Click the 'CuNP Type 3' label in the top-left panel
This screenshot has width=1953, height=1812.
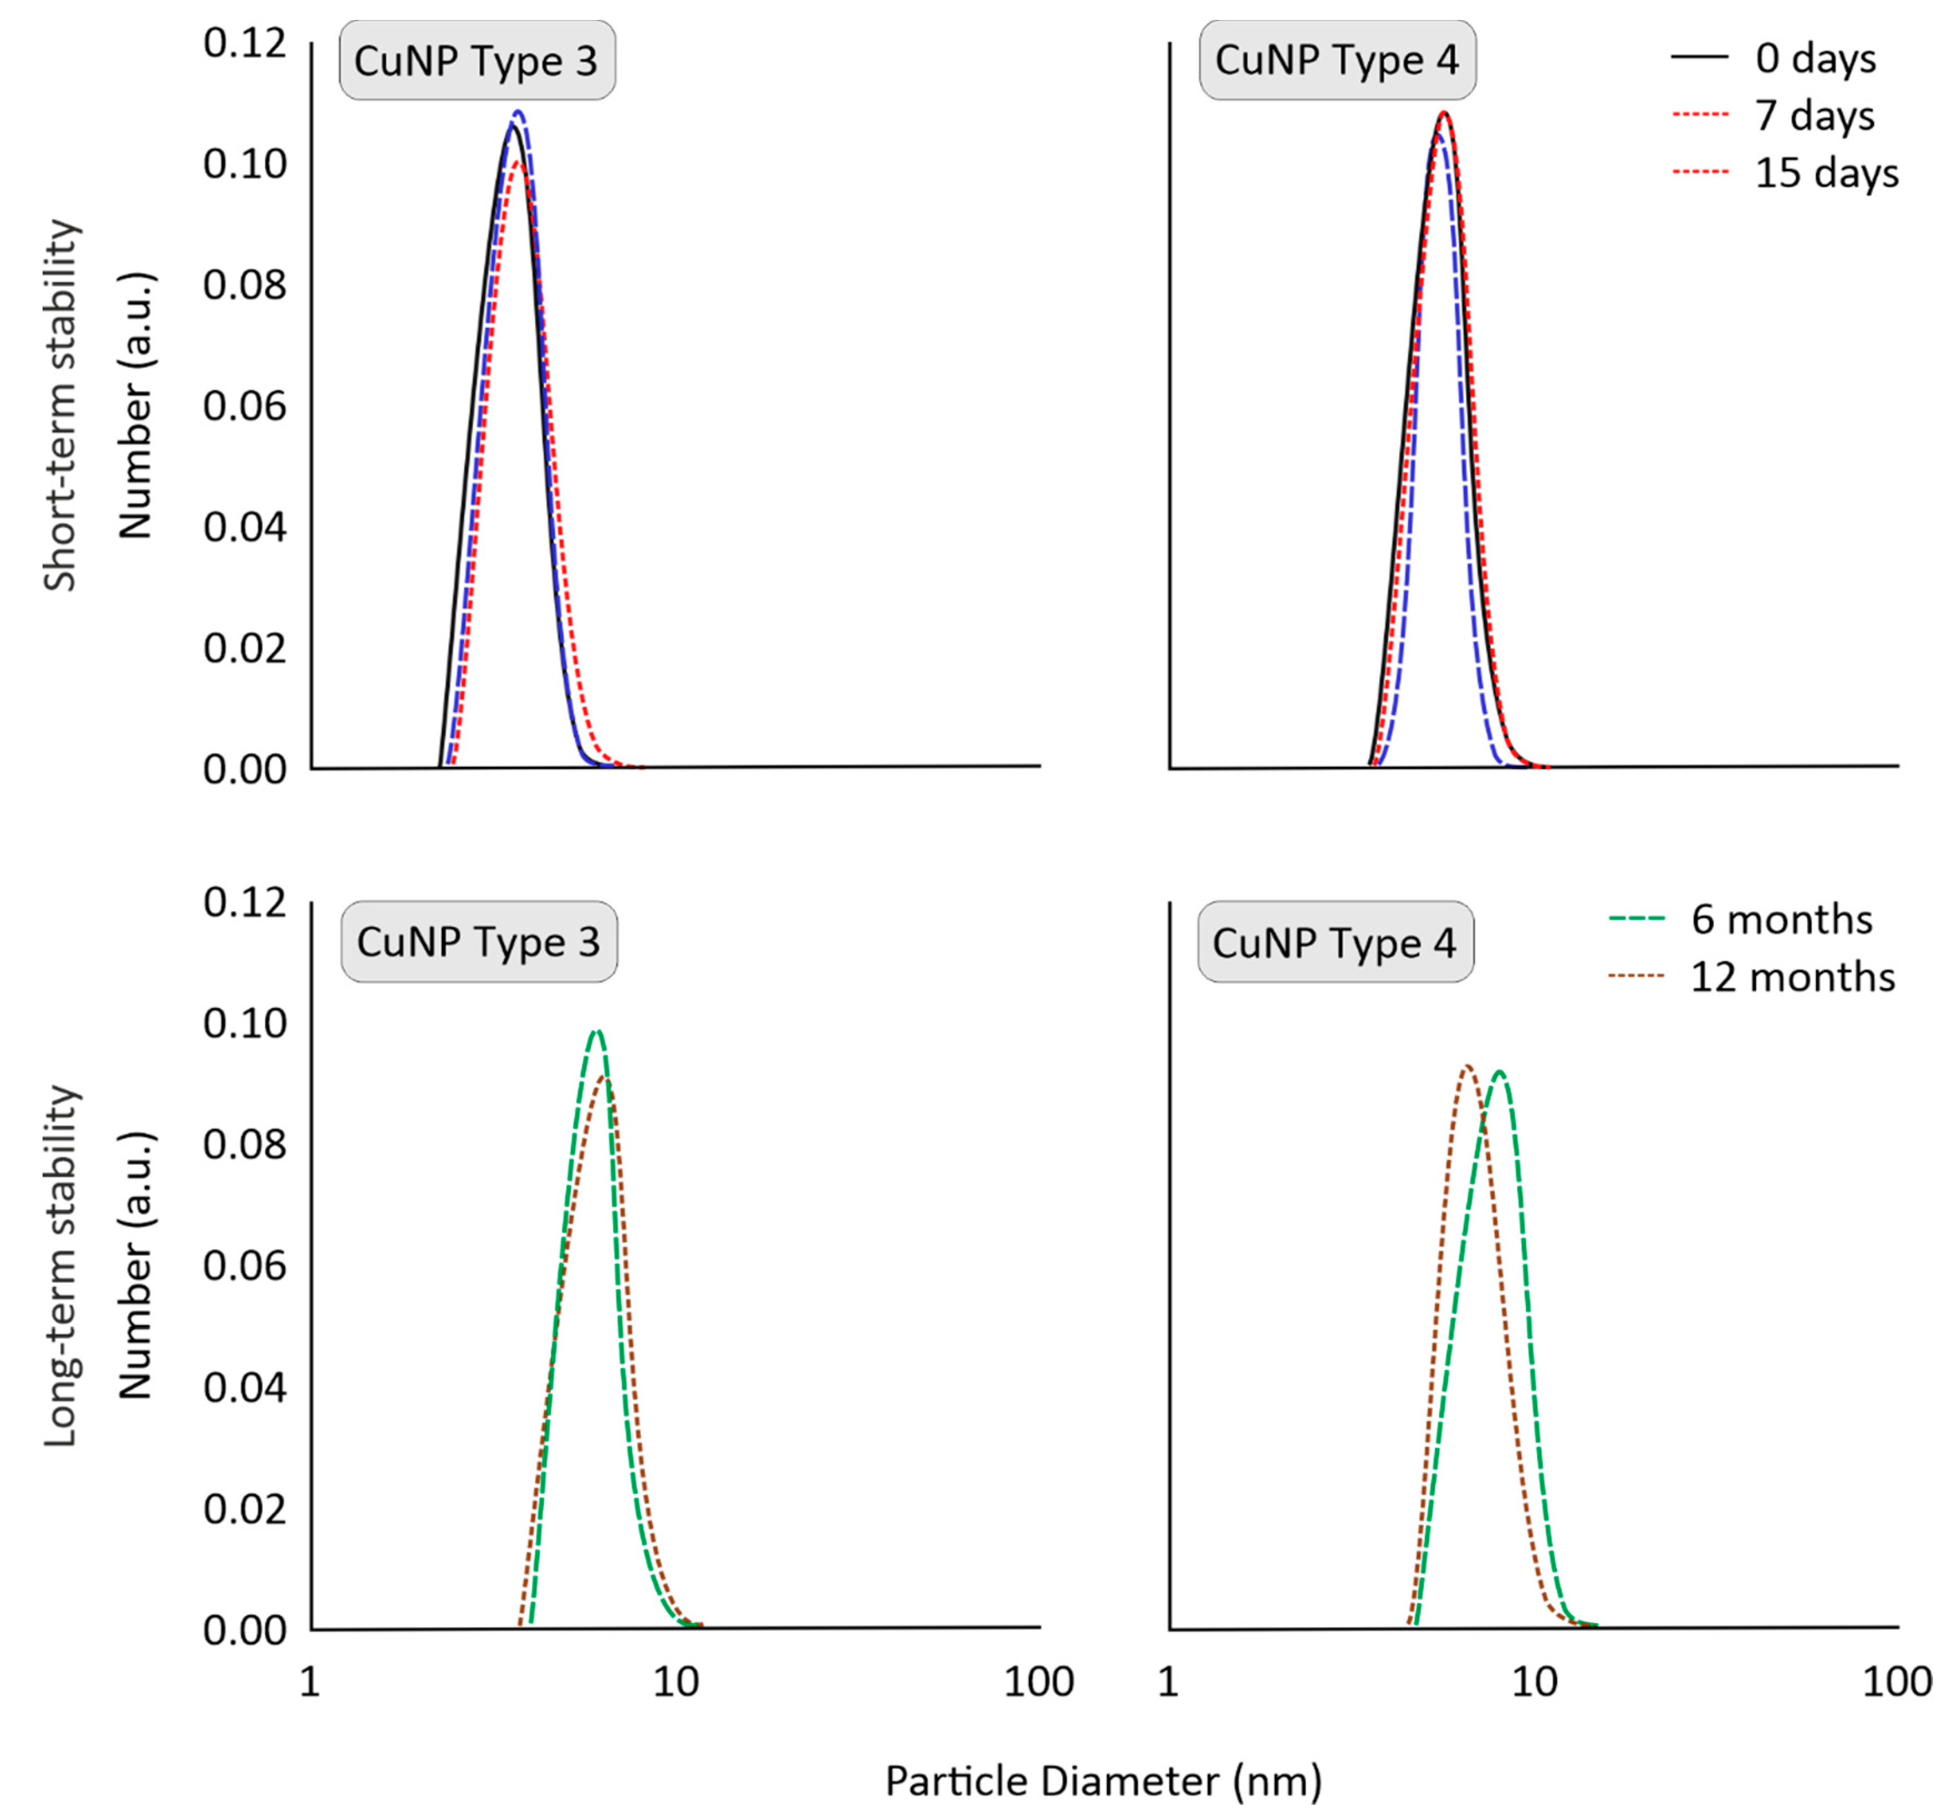[x=476, y=61]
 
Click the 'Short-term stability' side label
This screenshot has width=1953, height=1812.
[x=61, y=405]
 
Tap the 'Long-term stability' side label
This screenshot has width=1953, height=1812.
[x=61, y=1265]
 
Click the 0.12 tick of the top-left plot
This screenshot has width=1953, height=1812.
[x=245, y=43]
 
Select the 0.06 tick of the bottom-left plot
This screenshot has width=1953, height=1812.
[x=245, y=1266]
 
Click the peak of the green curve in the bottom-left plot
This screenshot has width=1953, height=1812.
[x=595, y=1031]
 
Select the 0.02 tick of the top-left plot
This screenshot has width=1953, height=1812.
[x=245, y=649]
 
